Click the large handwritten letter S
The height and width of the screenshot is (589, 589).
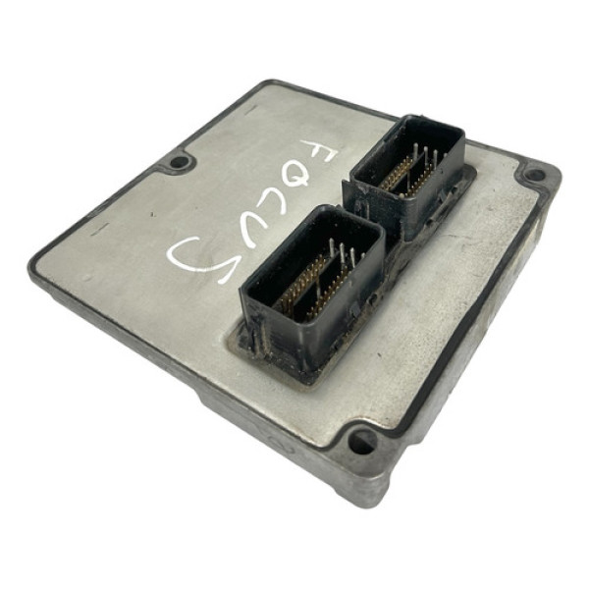(x=199, y=258)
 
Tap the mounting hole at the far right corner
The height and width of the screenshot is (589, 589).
(x=535, y=175)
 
